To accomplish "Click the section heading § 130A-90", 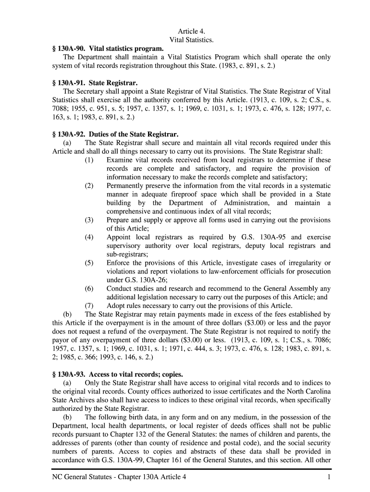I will pyautogui.click(x=108, y=48).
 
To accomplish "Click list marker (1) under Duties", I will pyautogui.click(x=89, y=160).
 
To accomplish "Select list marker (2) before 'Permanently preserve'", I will pyautogui.click(x=89, y=185).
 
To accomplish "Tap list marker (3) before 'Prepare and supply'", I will pyautogui.click(x=89, y=220).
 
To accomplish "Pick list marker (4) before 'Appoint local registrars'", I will pyautogui.click(x=89, y=237).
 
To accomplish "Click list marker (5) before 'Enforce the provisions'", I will pyautogui.click(x=89, y=263).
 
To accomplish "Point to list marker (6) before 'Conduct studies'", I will pyautogui.click(x=89, y=289).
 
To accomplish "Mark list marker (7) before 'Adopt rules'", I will pyautogui.click(x=89, y=306).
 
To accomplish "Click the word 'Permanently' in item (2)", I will pyautogui.click(x=126, y=185).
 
